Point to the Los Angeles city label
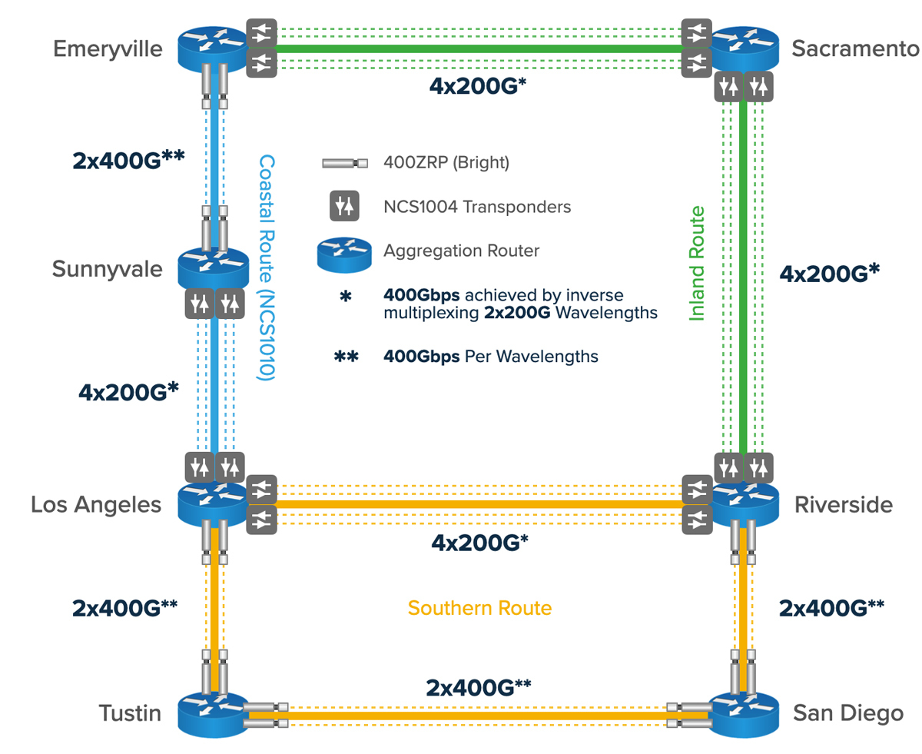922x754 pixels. pos(96,504)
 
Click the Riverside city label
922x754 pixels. pos(842,505)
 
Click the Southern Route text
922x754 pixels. pos(479,609)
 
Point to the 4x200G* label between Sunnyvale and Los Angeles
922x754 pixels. pos(128,391)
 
